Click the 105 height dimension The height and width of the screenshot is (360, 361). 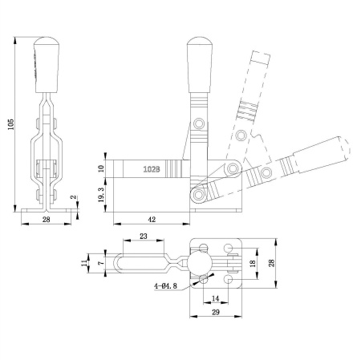point(9,125)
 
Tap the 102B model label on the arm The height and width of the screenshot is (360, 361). point(152,169)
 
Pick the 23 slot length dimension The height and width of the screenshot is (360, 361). point(142,237)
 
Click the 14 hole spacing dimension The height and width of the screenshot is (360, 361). point(215,298)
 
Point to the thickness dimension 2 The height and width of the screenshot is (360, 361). point(73,196)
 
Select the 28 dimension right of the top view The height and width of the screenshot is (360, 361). point(272,263)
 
